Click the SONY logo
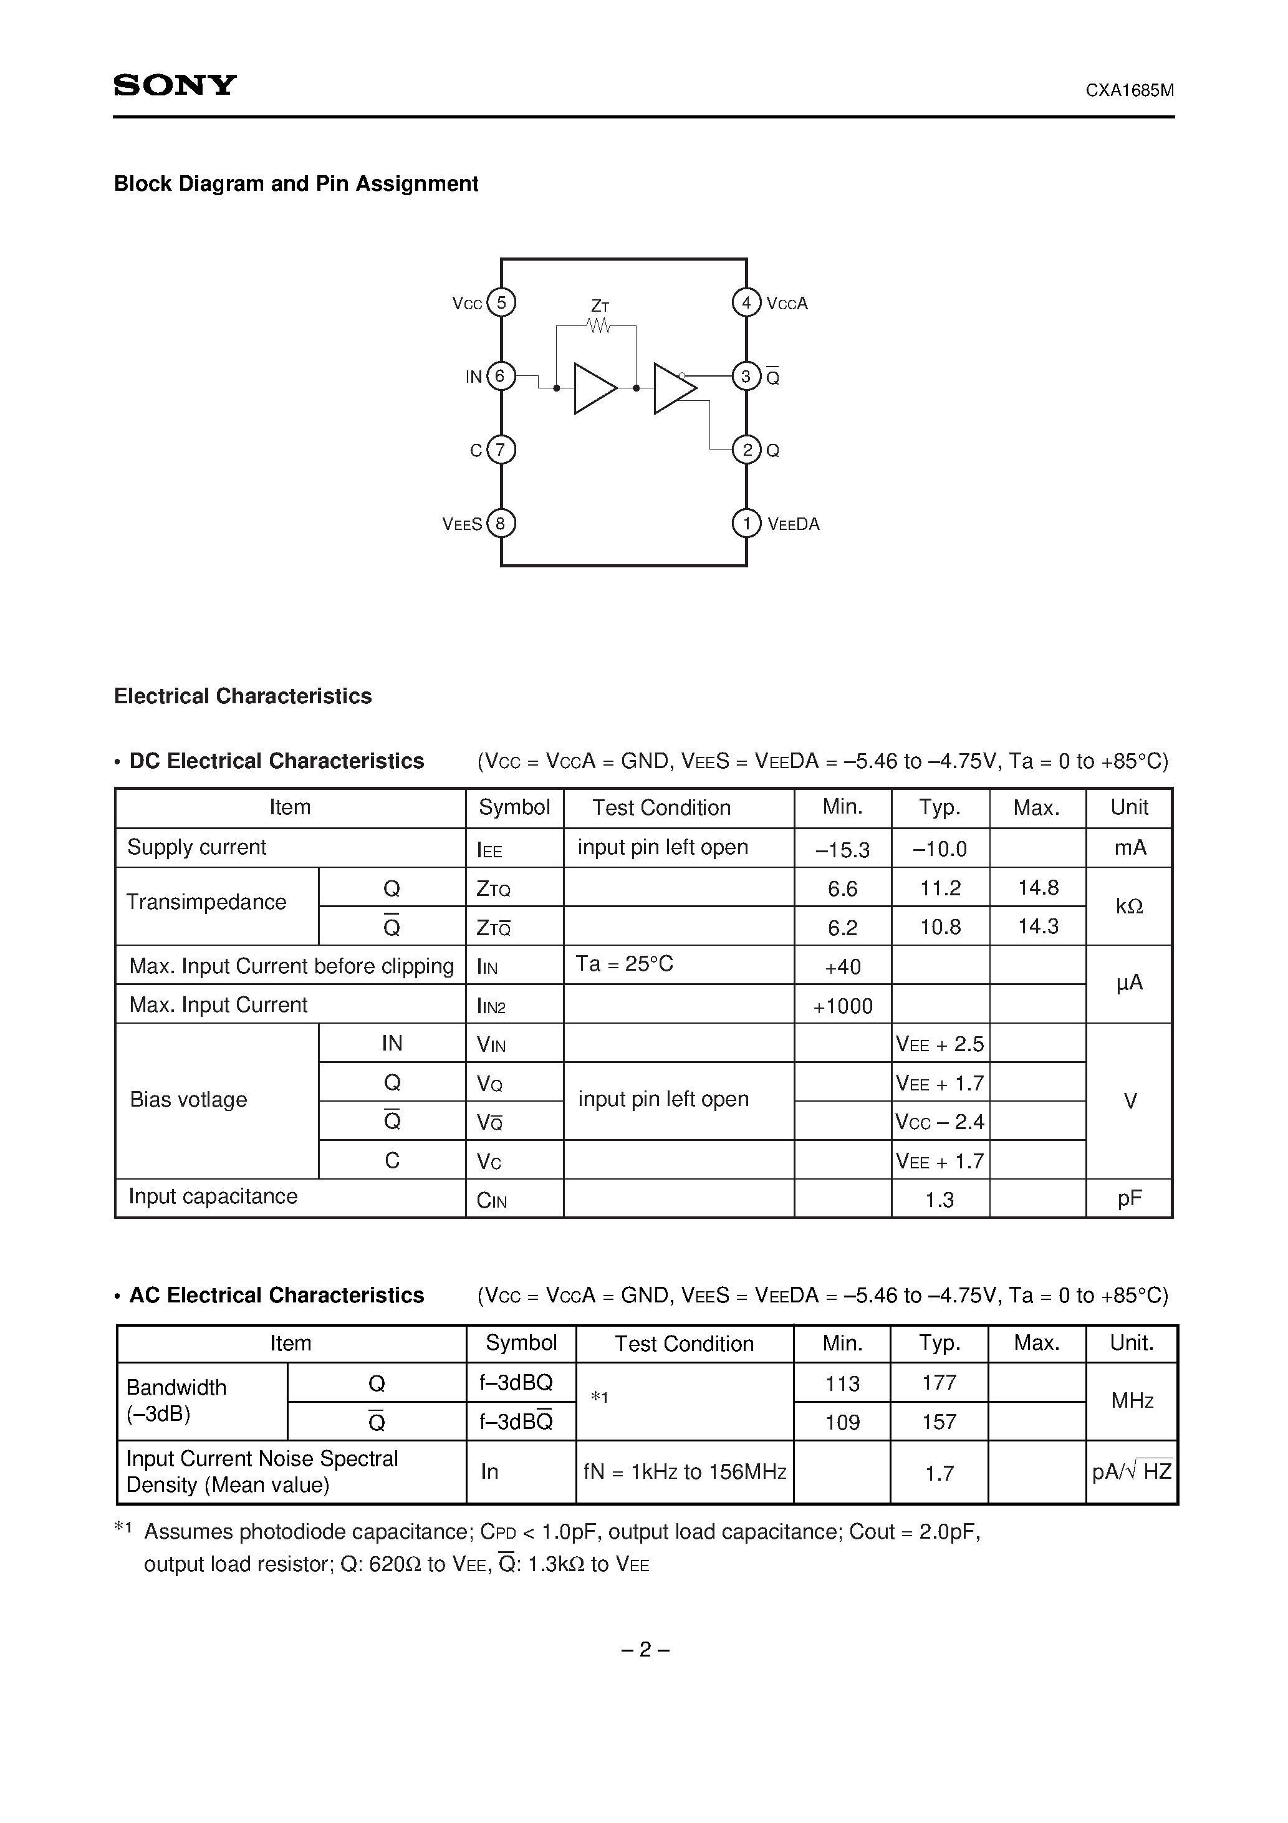click(175, 85)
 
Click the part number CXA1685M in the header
click(1129, 90)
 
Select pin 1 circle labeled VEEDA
click(746, 523)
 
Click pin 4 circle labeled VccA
click(746, 302)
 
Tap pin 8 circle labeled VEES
click(500, 523)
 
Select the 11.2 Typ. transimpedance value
click(940, 888)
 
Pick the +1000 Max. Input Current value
click(842, 1006)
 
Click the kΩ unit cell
click(1129, 907)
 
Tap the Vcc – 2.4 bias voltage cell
click(940, 1122)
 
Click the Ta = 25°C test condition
click(624, 964)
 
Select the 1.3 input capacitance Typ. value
click(940, 1200)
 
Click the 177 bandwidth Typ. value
click(940, 1382)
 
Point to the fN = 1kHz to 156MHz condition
click(685, 1472)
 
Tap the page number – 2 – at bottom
click(644, 1650)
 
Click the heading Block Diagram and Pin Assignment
click(296, 183)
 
